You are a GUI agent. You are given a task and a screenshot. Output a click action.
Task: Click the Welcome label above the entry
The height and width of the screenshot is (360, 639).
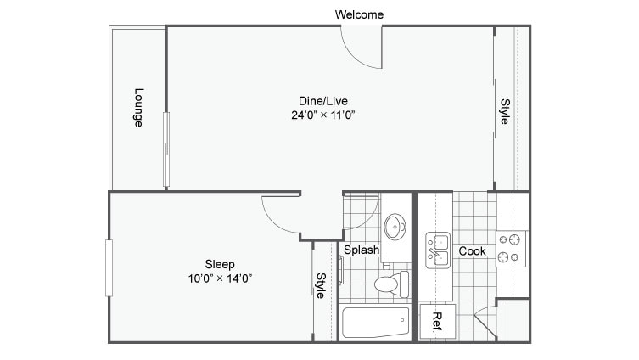[x=359, y=14]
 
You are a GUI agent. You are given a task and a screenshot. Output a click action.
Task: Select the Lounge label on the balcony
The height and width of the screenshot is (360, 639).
[x=138, y=108]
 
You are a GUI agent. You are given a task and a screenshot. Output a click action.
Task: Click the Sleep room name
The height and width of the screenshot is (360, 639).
[x=220, y=263]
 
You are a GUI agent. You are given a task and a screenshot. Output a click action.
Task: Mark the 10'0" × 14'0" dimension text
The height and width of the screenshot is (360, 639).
[x=220, y=278]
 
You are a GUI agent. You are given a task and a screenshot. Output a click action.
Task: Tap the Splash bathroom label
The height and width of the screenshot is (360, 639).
[x=362, y=250]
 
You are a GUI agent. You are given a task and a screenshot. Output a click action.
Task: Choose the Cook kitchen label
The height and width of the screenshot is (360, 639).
[x=472, y=251]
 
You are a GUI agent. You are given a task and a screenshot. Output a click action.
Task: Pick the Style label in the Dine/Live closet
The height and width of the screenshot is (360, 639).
[x=504, y=113]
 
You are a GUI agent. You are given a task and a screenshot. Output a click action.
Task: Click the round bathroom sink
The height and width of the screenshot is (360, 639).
[x=395, y=227]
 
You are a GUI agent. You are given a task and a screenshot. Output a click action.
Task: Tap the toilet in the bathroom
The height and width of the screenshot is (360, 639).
[x=389, y=284]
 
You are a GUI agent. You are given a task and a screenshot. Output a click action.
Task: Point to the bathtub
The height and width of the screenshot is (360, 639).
[x=375, y=323]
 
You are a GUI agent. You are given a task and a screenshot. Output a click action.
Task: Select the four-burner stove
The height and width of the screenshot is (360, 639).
[x=512, y=247]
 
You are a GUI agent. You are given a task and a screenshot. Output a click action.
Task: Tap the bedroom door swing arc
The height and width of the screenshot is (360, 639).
[x=280, y=214]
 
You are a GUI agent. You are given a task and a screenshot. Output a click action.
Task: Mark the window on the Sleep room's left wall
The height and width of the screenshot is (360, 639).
[x=109, y=267]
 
